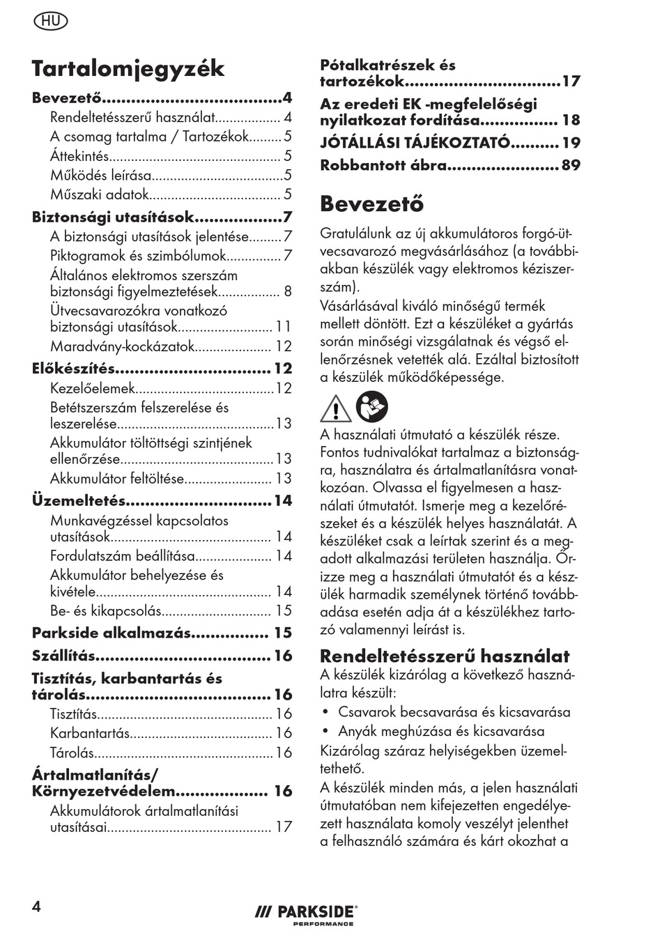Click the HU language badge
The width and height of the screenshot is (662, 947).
tap(51, 21)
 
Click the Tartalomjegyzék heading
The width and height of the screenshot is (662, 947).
tap(128, 68)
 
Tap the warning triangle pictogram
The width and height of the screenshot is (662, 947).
tap(335, 409)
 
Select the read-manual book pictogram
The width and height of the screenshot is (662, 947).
tap(372, 407)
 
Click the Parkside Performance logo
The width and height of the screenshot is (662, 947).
tap(305, 914)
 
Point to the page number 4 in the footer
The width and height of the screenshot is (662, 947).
tap(36, 906)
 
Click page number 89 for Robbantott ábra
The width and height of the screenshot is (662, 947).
tap(571, 166)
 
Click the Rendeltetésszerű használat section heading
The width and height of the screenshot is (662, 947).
tap(445, 656)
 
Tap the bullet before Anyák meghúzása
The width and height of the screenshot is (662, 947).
tap(325, 732)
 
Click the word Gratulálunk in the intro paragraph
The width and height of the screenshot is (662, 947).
tap(356, 233)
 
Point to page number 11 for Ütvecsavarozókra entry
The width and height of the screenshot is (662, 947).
tap(283, 327)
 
